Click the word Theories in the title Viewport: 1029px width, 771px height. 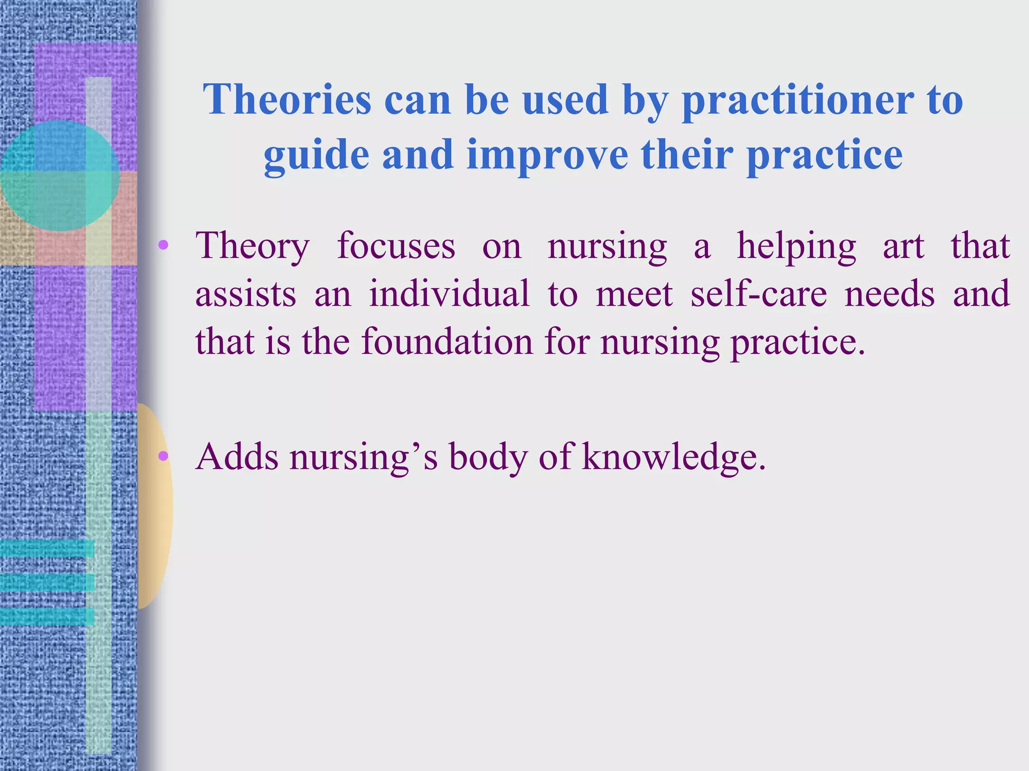287,99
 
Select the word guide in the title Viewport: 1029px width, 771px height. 316,156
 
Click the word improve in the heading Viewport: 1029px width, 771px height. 547,156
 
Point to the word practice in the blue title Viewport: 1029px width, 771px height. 825,156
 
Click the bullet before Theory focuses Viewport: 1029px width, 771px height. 163,245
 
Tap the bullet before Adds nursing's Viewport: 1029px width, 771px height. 163,456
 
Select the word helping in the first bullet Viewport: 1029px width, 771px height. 796,247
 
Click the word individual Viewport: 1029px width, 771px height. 449,294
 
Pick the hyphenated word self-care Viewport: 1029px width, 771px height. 758,294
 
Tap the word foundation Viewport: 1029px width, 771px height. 447,341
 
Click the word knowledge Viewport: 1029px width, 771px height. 674,457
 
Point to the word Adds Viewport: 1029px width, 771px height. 237,456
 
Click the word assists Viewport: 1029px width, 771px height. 245,294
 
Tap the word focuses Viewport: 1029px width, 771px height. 396,246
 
